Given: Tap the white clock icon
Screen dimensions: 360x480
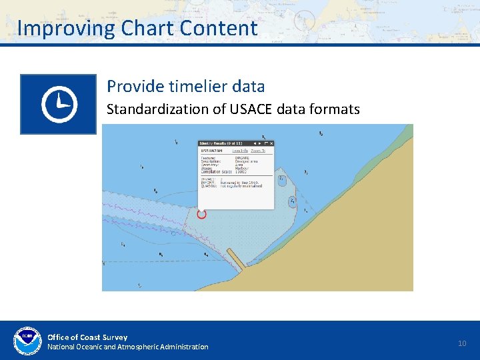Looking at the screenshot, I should click(x=59, y=104).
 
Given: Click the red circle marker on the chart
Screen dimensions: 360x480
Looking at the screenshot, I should click(x=202, y=214).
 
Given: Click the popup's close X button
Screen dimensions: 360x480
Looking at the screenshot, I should click(x=271, y=143).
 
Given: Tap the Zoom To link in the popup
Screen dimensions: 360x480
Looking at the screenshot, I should click(x=258, y=151).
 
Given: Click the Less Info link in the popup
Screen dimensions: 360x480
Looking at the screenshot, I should click(x=240, y=151).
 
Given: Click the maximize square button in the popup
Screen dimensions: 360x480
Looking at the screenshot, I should click(x=265, y=143).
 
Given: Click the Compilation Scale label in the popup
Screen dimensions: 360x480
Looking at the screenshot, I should click(x=215, y=172).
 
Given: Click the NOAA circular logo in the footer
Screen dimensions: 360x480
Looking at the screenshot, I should click(x=27, y=341).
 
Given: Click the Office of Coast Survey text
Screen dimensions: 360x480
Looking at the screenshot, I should click(x=87, y=337).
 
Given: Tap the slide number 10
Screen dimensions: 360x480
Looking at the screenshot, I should click(x=462, y=343).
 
